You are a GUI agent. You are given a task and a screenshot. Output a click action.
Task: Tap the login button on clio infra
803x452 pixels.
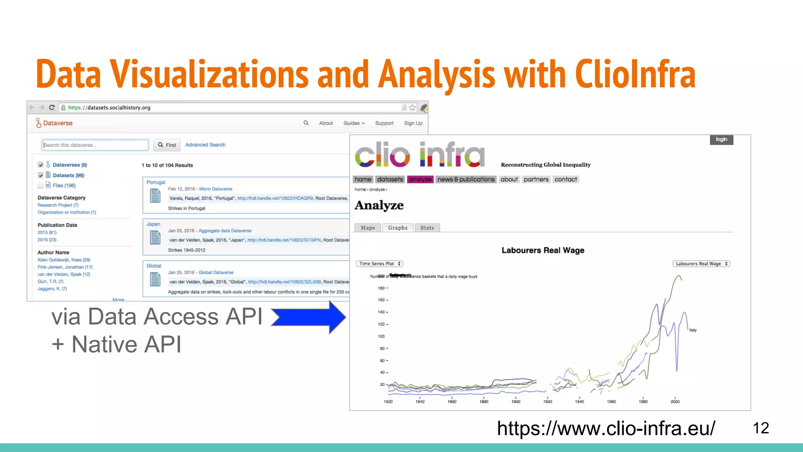[721, 140]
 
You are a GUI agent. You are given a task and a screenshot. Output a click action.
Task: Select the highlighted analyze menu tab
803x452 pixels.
[420, 179]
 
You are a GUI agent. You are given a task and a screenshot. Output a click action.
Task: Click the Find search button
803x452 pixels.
[167, 145]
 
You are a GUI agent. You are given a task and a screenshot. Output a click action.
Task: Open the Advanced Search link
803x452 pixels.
[205, 145]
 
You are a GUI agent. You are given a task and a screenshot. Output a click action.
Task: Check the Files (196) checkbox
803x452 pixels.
[41, 186]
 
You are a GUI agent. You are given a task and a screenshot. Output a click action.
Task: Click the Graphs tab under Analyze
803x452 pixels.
[398, 228]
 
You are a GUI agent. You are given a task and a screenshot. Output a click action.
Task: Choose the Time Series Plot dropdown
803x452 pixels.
[380, 264]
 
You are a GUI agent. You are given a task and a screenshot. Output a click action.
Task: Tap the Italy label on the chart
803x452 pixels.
[693, 330]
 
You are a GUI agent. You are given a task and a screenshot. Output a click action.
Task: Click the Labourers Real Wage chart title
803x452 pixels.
[543, 250]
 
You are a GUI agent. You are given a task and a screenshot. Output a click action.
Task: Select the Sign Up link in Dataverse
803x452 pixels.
[413, 123]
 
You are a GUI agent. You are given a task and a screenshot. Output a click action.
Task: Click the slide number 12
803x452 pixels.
[761, 428]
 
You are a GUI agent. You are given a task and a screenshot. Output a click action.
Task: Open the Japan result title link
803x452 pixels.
[153, 224]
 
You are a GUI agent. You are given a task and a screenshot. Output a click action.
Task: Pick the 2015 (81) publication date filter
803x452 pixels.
[47, 233]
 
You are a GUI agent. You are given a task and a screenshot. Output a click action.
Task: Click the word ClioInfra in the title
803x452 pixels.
[635, 75]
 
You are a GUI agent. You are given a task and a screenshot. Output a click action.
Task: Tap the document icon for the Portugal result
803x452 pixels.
[155, 195]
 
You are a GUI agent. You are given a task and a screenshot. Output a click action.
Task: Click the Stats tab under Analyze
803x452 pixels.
[427, 228]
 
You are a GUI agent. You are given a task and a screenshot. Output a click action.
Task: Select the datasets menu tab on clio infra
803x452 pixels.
[390, 179]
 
